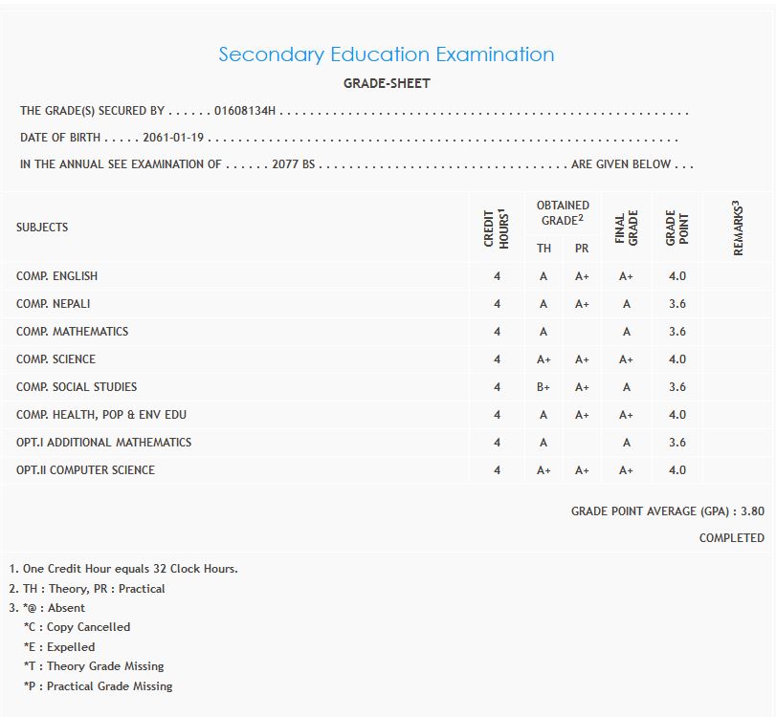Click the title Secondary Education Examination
(x=386, y=54)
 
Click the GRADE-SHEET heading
(x=387, y=83)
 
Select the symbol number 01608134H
(x=245, y=111)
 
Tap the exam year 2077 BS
(x=293, y=164)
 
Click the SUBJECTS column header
(x=42, y=228)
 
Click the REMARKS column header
(x=738, y=228)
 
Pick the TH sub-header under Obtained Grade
(x=543, y=249)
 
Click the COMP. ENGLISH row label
(x=56, y=276)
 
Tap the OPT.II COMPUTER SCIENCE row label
(x=85, y=470)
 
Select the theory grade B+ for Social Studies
(x=543, y=387)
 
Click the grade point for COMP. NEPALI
(x=677, y=304)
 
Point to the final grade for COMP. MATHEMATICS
(x=626, y=332)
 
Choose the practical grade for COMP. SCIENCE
(x=582, y=359)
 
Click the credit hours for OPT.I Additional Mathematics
(x=497, y=443)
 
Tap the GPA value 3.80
(x=752, y=511)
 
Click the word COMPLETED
(x=731, y=538)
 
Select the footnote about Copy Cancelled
(x=77, y=627)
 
